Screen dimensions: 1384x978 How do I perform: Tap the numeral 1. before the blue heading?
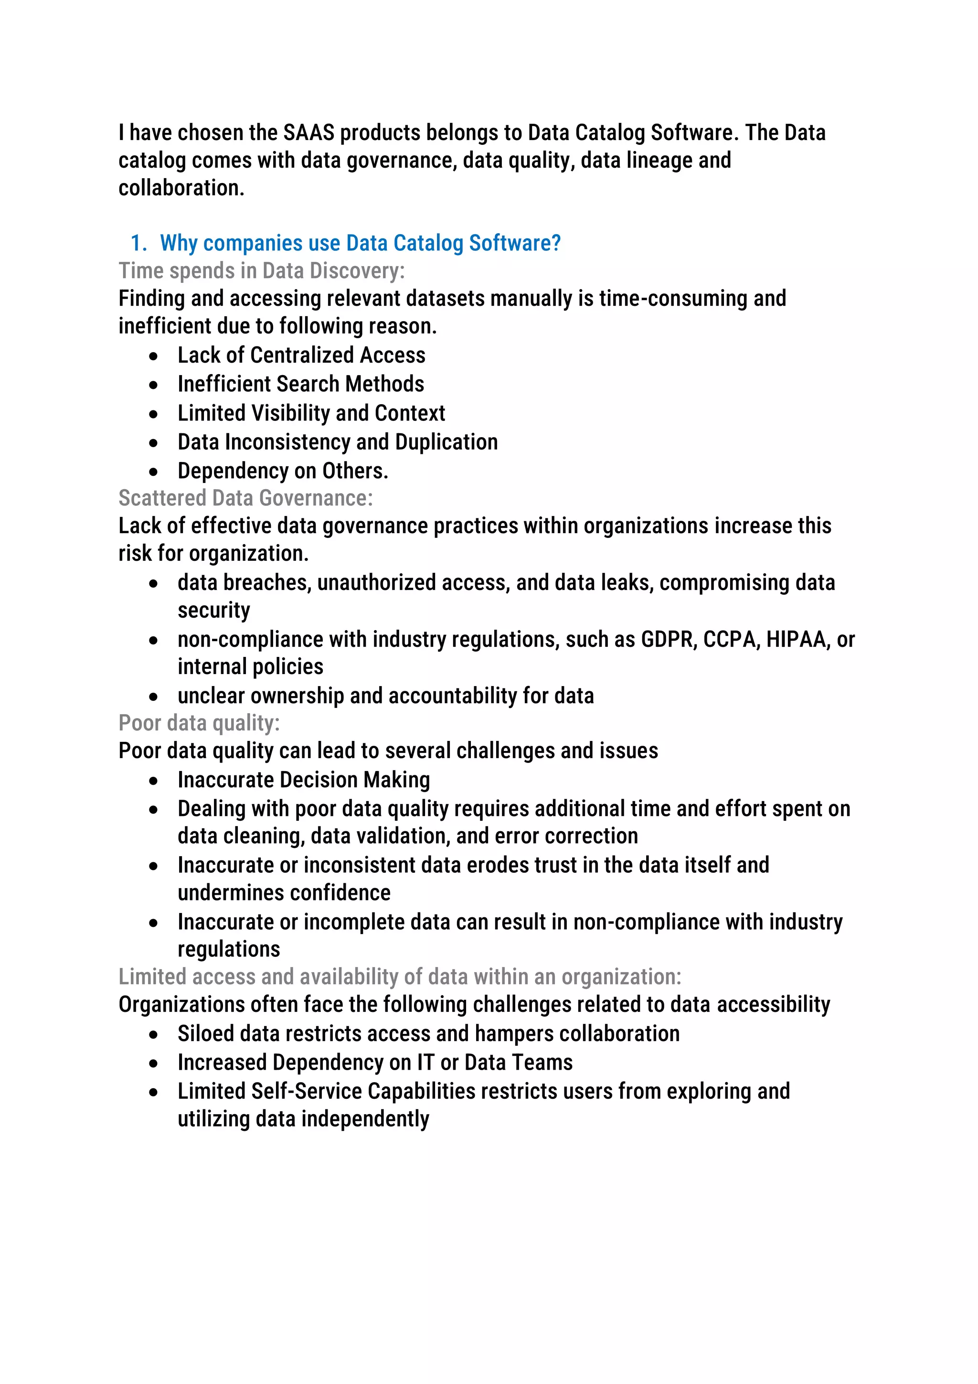138,243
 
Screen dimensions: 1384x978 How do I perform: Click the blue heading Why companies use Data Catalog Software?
361,243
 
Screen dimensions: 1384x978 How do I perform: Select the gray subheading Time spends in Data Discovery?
262,271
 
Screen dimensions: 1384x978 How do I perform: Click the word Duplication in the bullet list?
446,442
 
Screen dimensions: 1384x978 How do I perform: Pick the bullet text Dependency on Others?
283,471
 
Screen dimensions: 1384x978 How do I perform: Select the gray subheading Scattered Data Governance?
245,498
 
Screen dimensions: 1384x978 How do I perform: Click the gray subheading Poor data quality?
199,723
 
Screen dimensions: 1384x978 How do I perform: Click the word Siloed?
205,1034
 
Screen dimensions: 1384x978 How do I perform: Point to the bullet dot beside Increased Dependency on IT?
154,1064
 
